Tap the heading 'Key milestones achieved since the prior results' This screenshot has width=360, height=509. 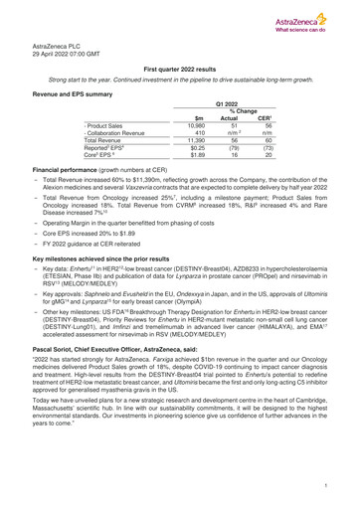pos(117,256)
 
